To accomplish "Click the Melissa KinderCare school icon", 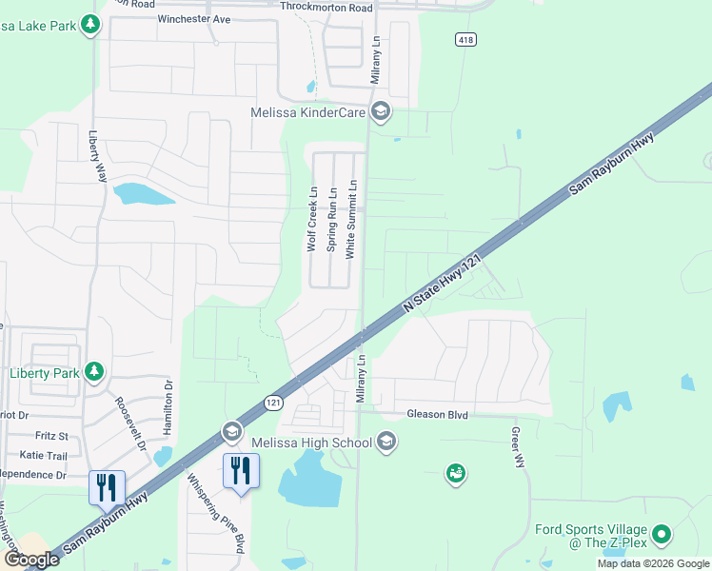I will pyautogui.click(x=380, y=112).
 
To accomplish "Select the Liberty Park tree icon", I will pyautogui.click(x=94, y=372).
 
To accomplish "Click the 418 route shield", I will pyautogui.click(x=465, y=40).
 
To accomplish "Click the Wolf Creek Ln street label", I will pyautogui.click(x=311, y=220).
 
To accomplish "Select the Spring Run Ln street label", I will pyautogui.click(x=332, y=220).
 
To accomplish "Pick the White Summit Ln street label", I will pyautogui.click(x=351, y=220).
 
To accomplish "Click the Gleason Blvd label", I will pyautogui.click(x=438, y=414).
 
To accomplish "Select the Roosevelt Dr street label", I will pyautogui.click(x=129, y=423).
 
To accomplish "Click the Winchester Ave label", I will pyautogui.click(x=194, y=19).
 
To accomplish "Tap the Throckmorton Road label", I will pyautogui.click(x=327, y=7).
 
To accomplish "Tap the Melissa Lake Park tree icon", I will pyautogui.click(x=90, y=24).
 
